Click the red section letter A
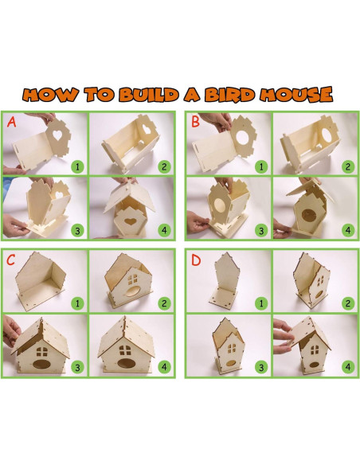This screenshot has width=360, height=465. (11, 123)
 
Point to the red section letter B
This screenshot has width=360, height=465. (194, 123)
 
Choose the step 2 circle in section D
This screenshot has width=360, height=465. (346, 304)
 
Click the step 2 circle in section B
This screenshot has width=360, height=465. (346, 167)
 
